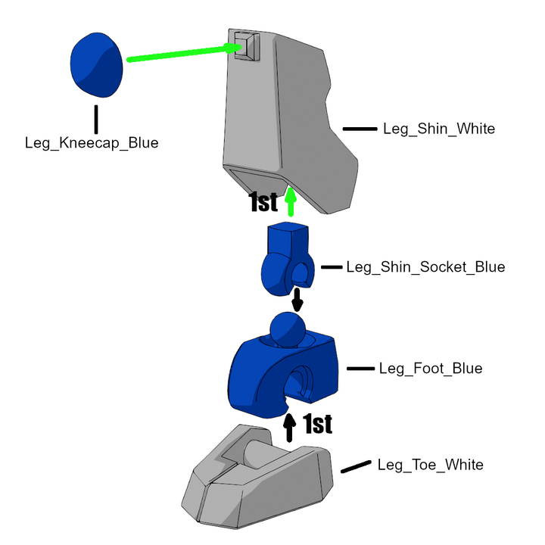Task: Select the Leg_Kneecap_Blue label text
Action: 92,142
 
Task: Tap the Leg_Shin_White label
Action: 439,129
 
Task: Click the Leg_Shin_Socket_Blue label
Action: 425,267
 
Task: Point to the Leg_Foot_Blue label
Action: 430,369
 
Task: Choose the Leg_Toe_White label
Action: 430,465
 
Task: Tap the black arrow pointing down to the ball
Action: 297,299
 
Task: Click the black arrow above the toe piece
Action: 289,426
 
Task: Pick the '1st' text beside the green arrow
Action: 264,202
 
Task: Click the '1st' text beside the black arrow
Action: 318,425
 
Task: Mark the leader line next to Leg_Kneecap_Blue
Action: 96,119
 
